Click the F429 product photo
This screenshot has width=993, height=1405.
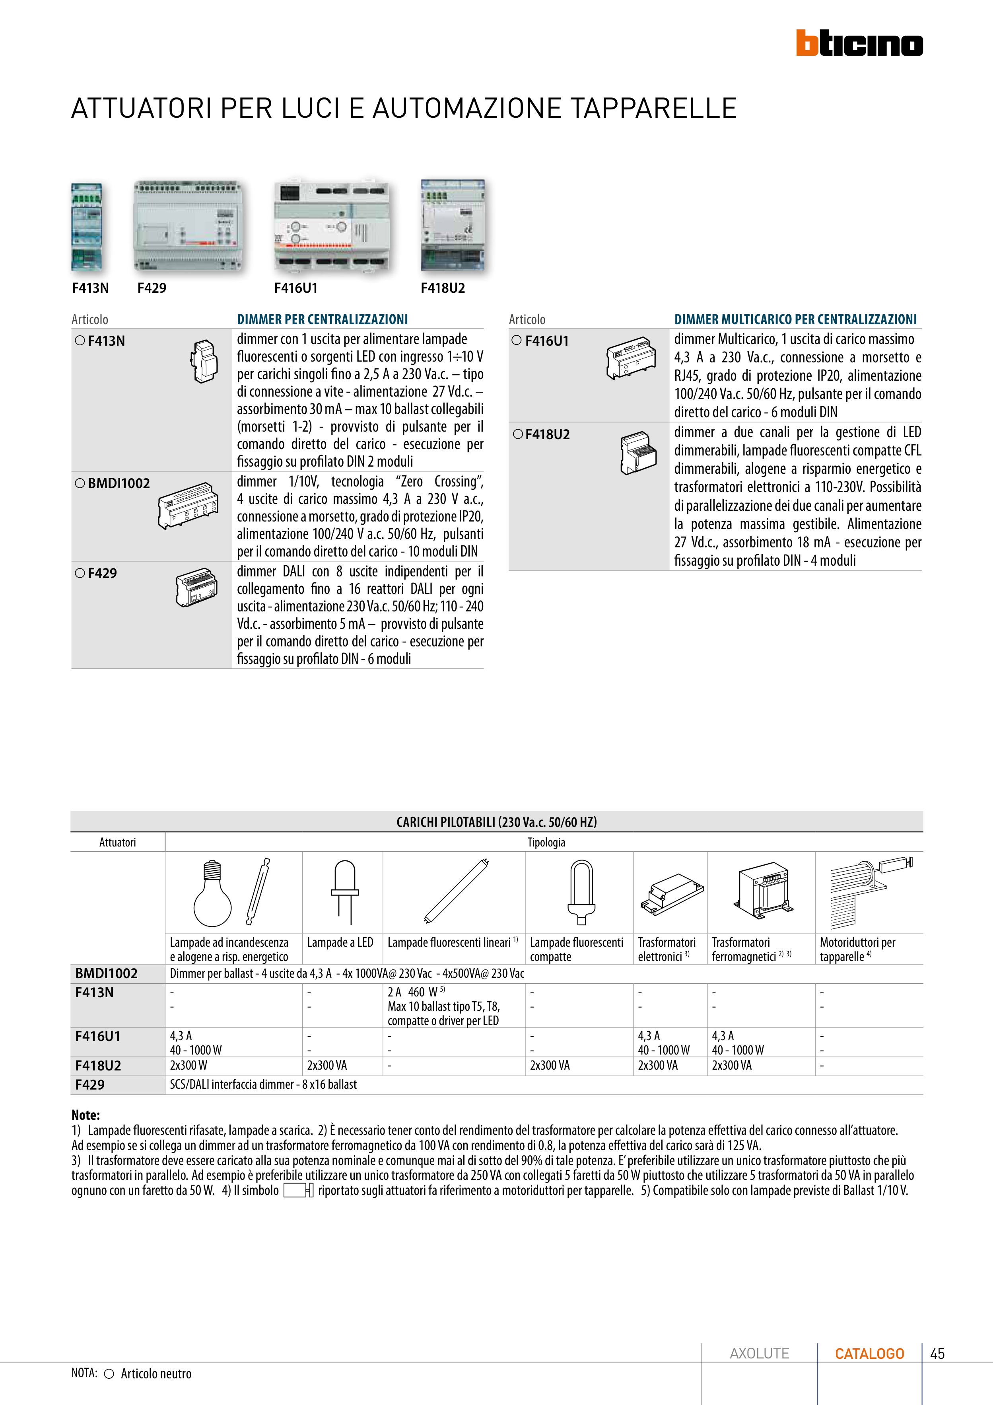[188, 226]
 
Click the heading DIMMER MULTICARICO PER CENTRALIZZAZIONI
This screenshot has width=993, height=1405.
[795, 319]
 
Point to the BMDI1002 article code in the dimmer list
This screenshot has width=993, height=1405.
[119, 483]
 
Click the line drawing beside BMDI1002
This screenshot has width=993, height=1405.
[188, 506]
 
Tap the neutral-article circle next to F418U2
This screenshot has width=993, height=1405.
[518, 434]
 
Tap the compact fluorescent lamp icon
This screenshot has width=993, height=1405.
[581, 891]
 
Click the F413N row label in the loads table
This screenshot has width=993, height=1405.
[94, 992]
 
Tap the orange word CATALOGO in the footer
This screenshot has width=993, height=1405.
[869, 1354]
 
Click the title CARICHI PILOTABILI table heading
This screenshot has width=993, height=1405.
[496, 822]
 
